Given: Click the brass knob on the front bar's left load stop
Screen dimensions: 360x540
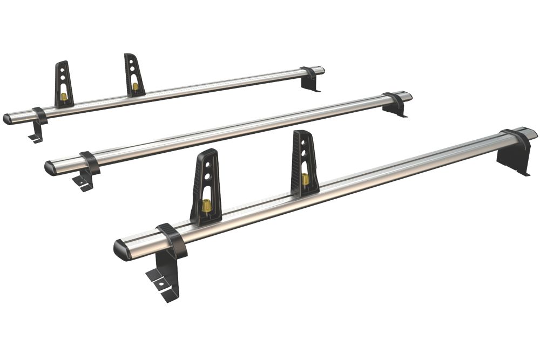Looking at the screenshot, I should (206, 206).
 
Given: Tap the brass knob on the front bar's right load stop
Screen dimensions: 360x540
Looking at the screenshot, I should (306, 179).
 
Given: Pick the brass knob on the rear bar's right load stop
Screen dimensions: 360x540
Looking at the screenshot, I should (134, 86).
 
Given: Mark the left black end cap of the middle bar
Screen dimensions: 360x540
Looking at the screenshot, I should (51, 168).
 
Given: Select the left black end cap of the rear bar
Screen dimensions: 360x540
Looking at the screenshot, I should (8, 119).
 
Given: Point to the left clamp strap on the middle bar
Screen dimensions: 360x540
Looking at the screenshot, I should (90, 162).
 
